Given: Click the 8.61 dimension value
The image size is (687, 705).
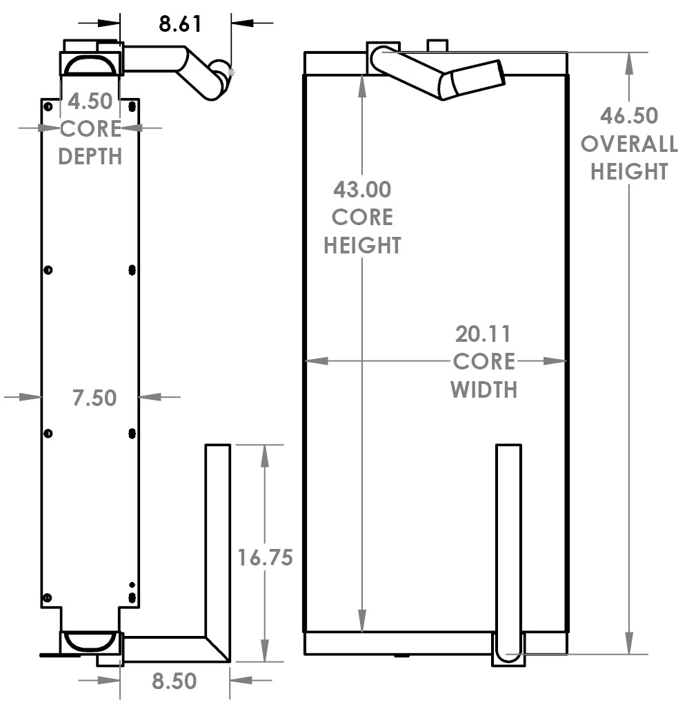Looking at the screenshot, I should (x=180, y=24).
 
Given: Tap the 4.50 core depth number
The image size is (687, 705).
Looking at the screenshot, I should (x=90, y=102).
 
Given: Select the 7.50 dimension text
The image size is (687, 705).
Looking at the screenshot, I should (x=94, y=398).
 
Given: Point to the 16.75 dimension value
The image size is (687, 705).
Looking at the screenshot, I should (x=265, y=557).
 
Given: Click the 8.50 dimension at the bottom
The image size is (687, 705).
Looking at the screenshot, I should (x=174, y=682).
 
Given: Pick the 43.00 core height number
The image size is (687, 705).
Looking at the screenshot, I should (x=362, y=189).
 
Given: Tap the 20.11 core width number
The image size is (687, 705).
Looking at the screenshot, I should (x=483, y=334).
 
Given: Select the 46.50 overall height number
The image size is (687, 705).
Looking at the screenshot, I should (x=628, y=115).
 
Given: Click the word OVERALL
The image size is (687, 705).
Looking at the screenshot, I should (x=628, y=144).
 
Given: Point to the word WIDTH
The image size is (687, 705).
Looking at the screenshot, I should (x=484, y=389).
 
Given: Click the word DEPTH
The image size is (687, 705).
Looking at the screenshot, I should (x=90, y=156).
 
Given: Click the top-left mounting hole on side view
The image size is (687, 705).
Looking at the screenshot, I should (x=48, y=106).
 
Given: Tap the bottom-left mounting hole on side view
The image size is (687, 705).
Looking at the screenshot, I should (x=47, y=597).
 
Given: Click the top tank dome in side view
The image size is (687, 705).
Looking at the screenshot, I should (x=88, y=65).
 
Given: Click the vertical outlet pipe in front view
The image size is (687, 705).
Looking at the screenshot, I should (x=508, y=539).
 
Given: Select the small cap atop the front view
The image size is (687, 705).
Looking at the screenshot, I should (x=437, y=46).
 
